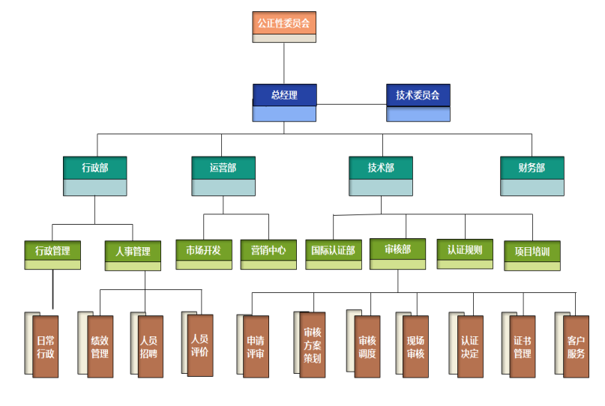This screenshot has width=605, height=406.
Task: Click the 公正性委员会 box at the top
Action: (x=283, y=26)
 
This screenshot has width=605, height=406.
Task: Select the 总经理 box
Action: (x=284, y=102)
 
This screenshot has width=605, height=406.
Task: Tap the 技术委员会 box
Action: (x=418, y=102)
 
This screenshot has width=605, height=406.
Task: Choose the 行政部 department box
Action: (x=94, y=175)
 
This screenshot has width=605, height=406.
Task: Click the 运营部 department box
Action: (x=223, y=175)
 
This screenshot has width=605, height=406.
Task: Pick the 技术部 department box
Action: (x=381, y=175)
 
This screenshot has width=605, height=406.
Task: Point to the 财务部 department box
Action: (x=532, y=175)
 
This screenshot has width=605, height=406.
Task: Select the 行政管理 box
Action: (x=52, y=254)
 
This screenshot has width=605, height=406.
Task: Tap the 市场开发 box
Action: (x=203, y=254)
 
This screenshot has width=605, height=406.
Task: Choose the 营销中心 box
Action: (x=268, y=254)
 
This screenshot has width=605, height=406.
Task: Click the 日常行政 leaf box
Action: (x=45, y=346)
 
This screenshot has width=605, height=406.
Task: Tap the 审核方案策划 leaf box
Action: (x=313, y=345)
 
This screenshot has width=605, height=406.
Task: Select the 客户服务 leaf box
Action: (x=576, y=347)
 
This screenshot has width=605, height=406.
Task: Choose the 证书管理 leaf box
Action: (x=523, y=347)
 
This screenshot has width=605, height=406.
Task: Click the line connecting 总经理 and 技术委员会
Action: (x=352, y=104)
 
